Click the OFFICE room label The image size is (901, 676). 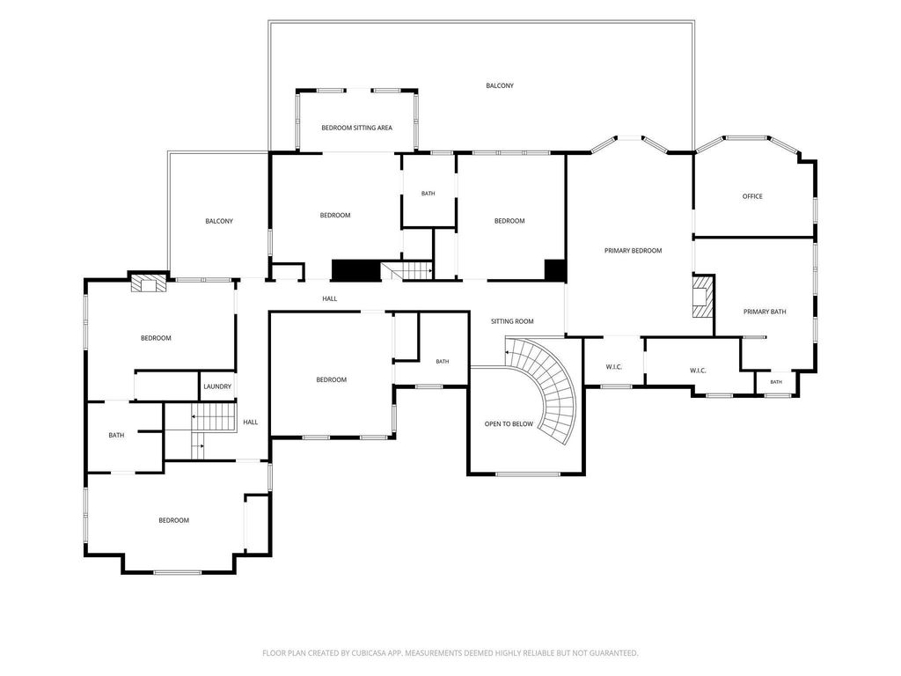click(x=752, y=196)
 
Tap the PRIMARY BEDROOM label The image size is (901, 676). click(x=633, y=251)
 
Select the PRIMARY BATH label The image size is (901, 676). click(x=765, y=312)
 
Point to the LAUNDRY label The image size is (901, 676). click(x=217, y=386)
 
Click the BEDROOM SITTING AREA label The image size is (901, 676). click(x=357, y=128)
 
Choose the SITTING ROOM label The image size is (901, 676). click(x=512, y=321)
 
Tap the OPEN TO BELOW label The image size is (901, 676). click(x=509, y=424)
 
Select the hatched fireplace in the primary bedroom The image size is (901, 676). click(x=703, y=296)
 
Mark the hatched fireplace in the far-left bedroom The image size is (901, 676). click(x=148, y=284)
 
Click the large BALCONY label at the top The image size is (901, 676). click(x=500, y=85)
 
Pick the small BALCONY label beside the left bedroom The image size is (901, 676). click(x=219, y=221)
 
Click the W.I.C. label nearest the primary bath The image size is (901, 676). click(x=698, y=371)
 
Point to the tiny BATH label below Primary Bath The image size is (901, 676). click(x=776, y=382)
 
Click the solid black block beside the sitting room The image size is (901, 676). click(x=555, y=271)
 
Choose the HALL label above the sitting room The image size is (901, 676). click(x=330, y=299)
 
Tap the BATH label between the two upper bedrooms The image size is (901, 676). click(x=429, y=194)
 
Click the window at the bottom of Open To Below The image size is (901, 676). click(x=528, y=474)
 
